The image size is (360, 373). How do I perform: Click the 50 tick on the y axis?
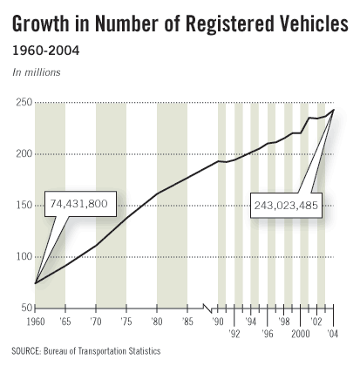click(25, 308)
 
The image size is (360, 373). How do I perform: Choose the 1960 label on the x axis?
click(35, 322)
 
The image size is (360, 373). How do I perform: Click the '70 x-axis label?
click(96, 322)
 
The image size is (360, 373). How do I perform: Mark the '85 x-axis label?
click(187, 322)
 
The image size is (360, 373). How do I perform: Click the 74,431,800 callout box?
click(78, 204)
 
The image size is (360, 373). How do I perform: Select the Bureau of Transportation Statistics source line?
click(86, 351)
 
